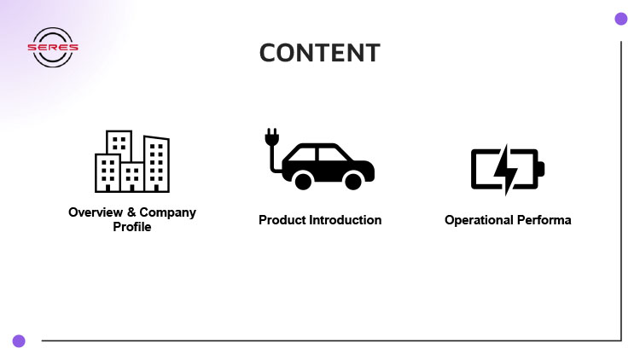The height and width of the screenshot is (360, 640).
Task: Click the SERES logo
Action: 53,48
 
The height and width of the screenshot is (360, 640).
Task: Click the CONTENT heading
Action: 320,52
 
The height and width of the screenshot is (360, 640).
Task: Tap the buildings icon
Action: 132,161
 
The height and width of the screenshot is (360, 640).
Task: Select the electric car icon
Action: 318,160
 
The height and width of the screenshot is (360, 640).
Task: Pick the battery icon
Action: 507,170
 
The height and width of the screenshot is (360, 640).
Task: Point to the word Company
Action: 167,212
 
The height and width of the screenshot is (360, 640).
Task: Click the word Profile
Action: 132,227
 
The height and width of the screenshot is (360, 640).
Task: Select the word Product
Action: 282,220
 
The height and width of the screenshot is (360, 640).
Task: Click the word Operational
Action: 478,220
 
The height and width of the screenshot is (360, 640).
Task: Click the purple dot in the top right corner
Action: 620,19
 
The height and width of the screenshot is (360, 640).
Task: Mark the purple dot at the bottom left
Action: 19,340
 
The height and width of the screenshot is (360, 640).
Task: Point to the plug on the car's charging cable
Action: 271,137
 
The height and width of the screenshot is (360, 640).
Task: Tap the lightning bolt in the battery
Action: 506,170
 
